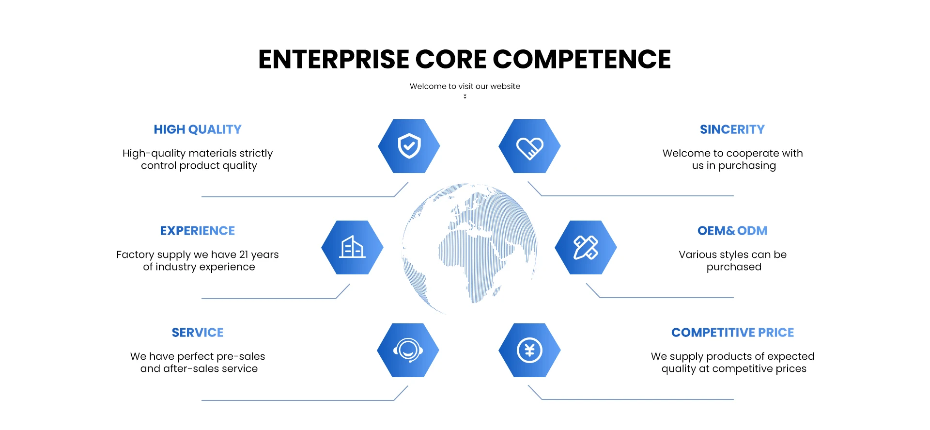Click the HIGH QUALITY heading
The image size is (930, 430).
coord(198,129)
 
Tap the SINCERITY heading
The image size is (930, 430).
coord(732,129)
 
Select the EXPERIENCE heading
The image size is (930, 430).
coord(198,231)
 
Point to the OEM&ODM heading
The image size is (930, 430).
coord(732,231)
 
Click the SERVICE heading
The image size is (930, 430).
coord(198,333)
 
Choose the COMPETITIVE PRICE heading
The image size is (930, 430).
coord(732,333)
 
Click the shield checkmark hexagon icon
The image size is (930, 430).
coord(409,146)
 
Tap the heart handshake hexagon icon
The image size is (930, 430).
coord(529,146)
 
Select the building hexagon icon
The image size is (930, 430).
coord(352,248)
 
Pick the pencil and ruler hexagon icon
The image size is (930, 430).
coord(586,248)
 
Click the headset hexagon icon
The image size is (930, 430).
coord(408,350)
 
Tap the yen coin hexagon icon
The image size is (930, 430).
coord(529,350)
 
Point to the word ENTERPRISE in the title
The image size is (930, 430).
coord(334,60)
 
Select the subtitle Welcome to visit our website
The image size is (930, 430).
coord(465,86)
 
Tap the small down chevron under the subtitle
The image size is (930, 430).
coord(465,96)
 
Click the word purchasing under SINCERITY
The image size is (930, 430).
coord(747,166)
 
